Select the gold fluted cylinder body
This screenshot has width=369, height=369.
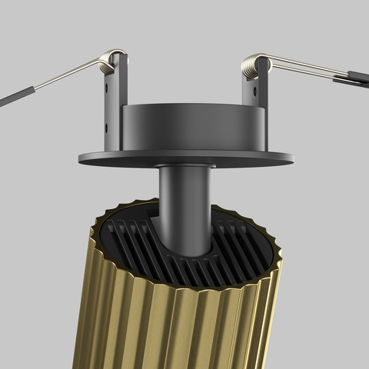(177, 323)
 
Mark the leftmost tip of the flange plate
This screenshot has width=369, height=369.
(79, 158)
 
